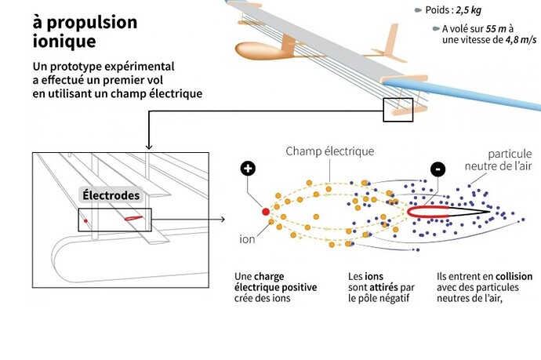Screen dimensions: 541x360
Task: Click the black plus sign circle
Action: [x=248, y=169]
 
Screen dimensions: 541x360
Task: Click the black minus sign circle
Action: [x=438, y=169]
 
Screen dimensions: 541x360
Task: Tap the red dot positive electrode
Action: [x=266, y=212]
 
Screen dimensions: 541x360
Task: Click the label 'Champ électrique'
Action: [x=330, y=151]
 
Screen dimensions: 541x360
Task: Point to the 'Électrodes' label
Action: [x=111, y=195]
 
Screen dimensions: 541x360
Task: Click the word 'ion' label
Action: [x=247, y=239]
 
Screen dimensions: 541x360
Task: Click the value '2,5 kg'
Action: [x=468, y=10]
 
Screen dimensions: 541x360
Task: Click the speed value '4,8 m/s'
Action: [x=521, y=40]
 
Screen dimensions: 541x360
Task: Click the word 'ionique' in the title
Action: [x=64, y=42]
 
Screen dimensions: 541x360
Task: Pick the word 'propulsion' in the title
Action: [x=92, y=23]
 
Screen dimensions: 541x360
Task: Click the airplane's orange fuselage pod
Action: [x=260, y=51]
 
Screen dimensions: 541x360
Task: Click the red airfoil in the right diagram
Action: [x=429, y=212]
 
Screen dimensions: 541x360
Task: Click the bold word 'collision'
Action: [x=514, y=277]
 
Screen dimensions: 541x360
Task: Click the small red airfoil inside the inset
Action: [x=133, y=218]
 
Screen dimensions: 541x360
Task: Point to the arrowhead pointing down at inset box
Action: [x=149, y=147]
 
